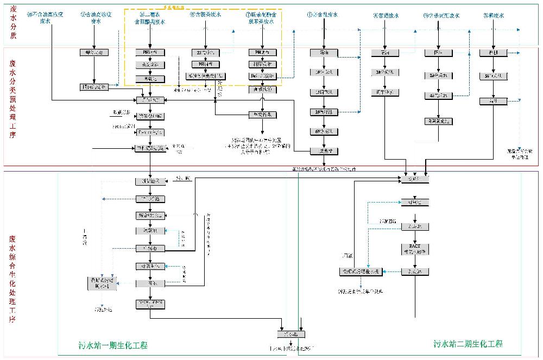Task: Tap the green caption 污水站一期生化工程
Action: click(112, 345)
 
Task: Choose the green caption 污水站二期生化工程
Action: click(468, 344)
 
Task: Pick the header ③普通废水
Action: click(386, 16)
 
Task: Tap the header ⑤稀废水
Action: click(492, 16)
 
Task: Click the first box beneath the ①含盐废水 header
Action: click(324, 53)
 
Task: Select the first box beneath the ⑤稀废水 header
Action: click(493, 53)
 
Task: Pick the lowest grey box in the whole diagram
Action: click(291, 334)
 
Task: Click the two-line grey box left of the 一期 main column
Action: click(102, 283)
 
